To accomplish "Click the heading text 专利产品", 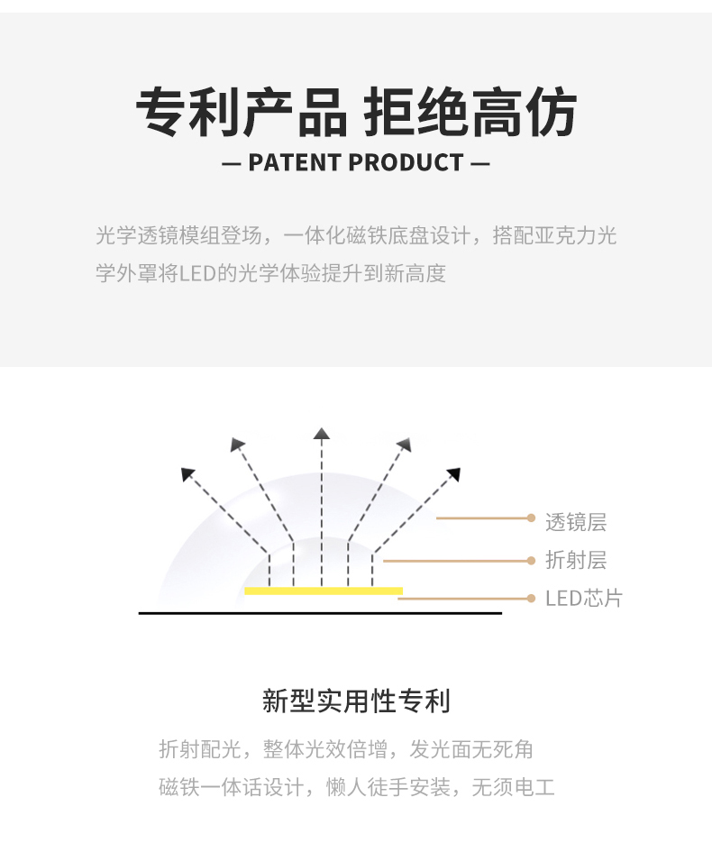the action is [242, 115].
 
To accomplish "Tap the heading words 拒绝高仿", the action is [470, 115].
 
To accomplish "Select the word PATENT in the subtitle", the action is [294, 163].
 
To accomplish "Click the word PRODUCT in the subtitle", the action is [406, 163].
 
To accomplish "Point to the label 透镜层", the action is [576, 521].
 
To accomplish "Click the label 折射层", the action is [576, 560].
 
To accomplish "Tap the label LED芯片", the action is [584, 599].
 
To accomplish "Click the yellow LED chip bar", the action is [324, 591].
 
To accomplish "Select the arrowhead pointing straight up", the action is [322, 434].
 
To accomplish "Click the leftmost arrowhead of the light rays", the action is [188, 473].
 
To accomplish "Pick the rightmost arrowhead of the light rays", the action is [454, 473].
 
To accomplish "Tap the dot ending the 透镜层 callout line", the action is [532, 518].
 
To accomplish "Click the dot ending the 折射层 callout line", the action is [532, 561].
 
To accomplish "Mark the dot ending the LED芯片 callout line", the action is [532, 598].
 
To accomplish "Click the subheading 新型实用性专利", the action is [356, 701].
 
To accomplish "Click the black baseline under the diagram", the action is [320, 613].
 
